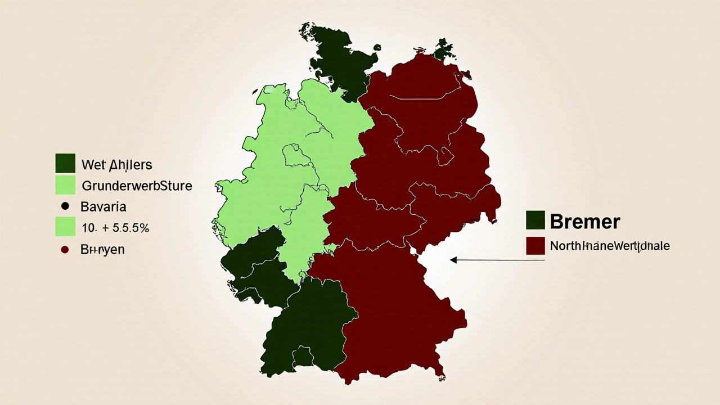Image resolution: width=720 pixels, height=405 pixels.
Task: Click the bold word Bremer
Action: coord(584,221)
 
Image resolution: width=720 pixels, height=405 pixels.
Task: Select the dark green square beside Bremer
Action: coord(535,220)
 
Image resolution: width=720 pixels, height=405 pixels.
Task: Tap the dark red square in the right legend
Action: coord(535,246)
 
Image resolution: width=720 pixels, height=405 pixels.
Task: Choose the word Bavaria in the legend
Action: coord(103,206)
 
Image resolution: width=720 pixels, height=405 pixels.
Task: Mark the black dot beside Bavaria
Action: coord(65,206)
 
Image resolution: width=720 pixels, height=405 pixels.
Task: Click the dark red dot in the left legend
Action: coord(65,249)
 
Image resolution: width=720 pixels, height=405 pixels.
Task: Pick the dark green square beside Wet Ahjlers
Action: coord(65,163)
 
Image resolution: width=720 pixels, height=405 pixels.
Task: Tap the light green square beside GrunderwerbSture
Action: coord(65,185)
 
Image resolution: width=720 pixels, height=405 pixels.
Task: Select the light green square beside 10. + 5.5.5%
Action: coord(65,227)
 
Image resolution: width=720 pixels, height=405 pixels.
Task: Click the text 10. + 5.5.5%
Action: coord(115,228)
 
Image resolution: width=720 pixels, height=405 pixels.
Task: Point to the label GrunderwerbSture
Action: coord(137,185)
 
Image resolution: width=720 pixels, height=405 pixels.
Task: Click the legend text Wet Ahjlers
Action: coord(116,165)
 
